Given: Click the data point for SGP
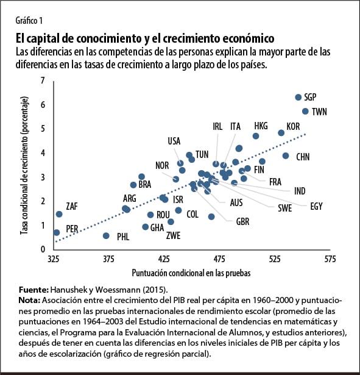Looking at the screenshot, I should click(x=298, y=98).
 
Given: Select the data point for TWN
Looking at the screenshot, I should click(x=306, y=111).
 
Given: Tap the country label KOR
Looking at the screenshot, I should click(x=293, y=126).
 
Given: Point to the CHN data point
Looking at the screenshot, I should click(x=286, y=155).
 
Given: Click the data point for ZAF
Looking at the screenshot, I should click(x=59, y=214).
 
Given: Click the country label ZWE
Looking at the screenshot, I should click(x=173, y=235).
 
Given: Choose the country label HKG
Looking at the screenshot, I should click(x=261, y=126).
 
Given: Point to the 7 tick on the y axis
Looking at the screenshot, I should click(x=43, y=81).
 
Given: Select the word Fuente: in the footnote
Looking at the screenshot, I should click(x=34, y=289).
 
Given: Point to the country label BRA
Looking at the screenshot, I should click(x=144, y=184).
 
